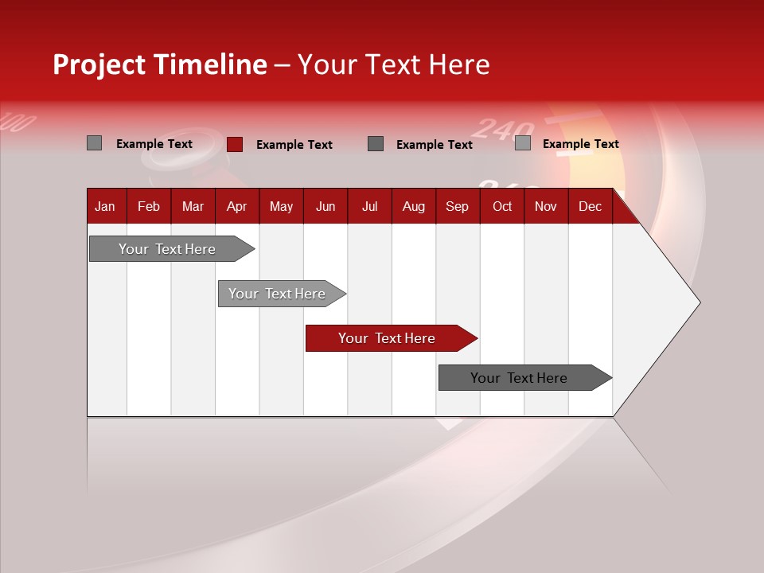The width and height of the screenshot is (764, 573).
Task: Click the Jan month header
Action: [105, 206]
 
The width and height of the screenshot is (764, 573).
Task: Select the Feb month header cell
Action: [149, 206]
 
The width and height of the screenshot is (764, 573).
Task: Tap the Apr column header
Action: [236, 206]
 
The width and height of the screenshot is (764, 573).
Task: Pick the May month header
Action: [281, 206]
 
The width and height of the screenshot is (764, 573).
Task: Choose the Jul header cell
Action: [369, 206]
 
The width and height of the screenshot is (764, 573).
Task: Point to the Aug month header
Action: [413, 206]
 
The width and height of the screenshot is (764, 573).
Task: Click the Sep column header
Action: [457, 206]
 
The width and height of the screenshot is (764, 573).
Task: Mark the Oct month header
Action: [502, 206]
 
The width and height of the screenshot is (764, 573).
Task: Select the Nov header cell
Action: [545, 206]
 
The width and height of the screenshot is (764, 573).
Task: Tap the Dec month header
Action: [590, 206]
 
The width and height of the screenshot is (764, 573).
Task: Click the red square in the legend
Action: [234, 144]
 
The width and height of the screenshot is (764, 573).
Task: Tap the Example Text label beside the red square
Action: [294, 145]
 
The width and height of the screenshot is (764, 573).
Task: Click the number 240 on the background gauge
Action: [501, 129]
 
